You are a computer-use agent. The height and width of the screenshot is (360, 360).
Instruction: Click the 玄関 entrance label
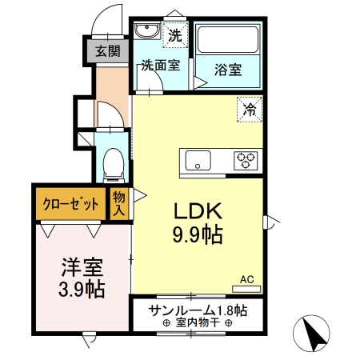point(108,51)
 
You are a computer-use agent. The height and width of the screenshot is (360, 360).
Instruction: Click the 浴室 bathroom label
point(227,70)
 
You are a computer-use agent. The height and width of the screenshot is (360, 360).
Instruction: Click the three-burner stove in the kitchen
point(246,160)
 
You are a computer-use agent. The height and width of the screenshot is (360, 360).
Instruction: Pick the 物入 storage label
point(119,203)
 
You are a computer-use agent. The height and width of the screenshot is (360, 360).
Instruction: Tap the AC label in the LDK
point(247,278)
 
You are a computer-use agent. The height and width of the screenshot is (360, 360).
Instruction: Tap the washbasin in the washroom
point(147,32)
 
